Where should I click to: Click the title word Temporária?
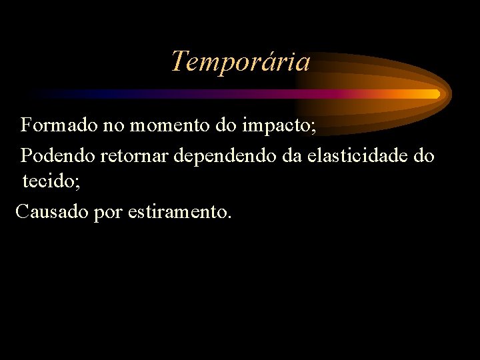pos(240,62)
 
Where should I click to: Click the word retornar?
pos(135,157)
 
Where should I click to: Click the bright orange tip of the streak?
pos(435,94)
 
